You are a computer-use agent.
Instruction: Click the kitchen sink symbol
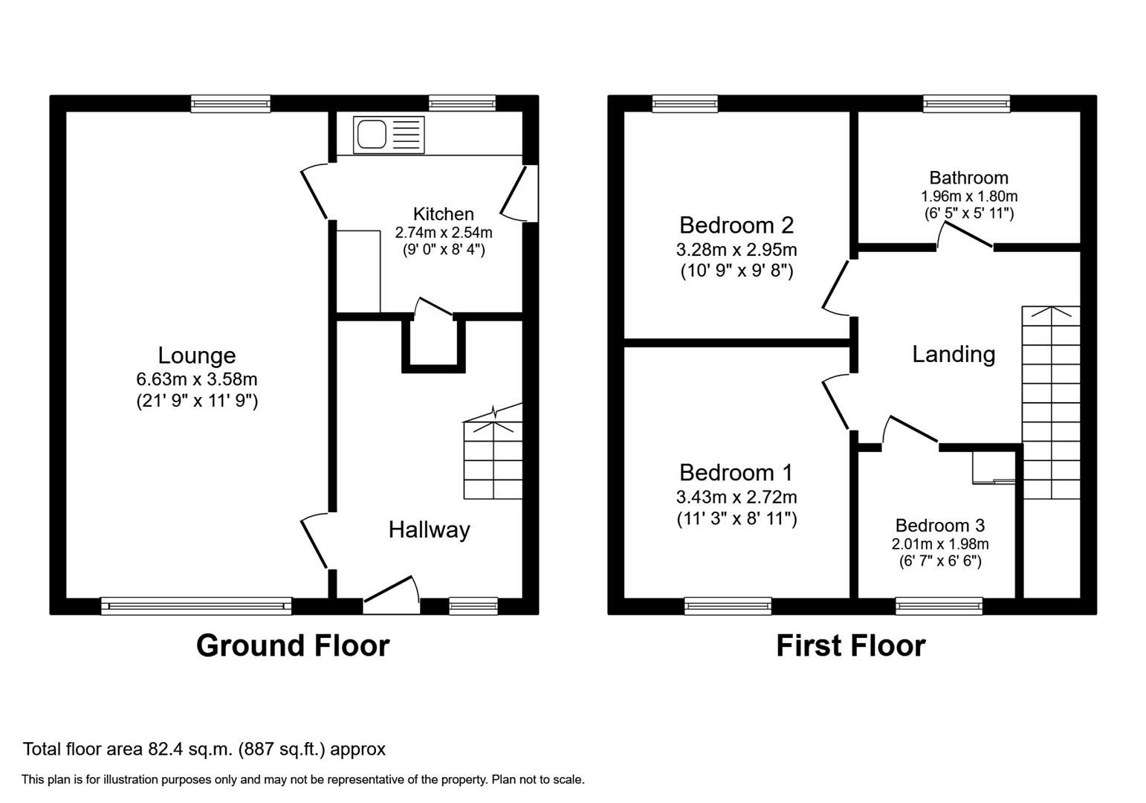(389, 135)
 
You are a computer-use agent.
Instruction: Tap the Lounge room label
(196, 355)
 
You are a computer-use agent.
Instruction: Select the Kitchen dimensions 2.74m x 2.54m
(443, 233)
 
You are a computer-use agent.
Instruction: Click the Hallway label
(429, 530)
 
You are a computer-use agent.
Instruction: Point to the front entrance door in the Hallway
(392, 595)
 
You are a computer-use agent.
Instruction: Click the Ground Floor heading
(292, 645)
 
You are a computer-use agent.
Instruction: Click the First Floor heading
(850, 645)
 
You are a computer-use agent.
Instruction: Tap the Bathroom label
(968, 178)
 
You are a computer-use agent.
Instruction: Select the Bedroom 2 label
(736, 225)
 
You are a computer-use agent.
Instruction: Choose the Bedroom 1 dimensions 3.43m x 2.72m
(736, 497)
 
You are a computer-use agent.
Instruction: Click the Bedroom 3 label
(939, 526)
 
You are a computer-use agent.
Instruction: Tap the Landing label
(954, 354)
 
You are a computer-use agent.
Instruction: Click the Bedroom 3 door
(911, 431)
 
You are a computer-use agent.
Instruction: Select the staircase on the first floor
(1051, 401)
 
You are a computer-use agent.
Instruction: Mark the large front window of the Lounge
(196, 607)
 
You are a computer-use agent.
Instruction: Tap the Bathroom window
(966, 104)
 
